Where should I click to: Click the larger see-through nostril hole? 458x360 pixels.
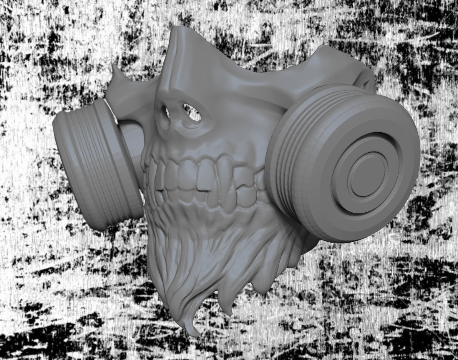coord(192,113)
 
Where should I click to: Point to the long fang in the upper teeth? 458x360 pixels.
coord(222,173)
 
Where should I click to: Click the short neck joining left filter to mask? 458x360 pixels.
coord(131,135)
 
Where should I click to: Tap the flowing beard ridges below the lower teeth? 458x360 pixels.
coord(200,262)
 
